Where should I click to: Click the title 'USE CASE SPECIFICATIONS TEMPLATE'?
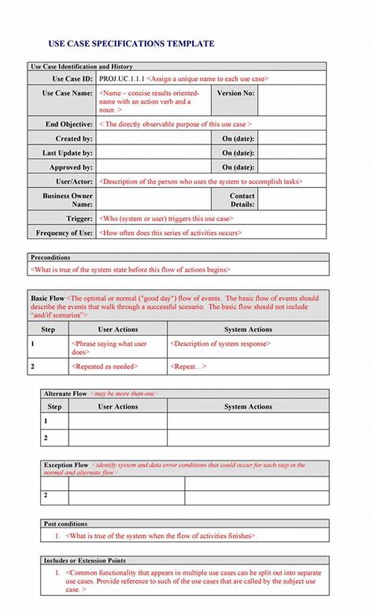pos(131,44)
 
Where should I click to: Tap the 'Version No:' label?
pos(235,93)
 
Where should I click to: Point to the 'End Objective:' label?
pos(69,124)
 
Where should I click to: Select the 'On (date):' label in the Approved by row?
pos(238,167)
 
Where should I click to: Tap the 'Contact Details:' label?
pos(242,200)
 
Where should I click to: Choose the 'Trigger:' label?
pos(79,218)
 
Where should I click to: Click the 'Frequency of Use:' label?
pos(64,233)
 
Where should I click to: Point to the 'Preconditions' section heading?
pos(50,258)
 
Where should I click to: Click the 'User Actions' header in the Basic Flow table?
pos(118,329)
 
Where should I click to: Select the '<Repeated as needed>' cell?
pos(104,367)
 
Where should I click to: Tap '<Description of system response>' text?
pos(220,344)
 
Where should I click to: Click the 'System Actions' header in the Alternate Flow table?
pos(248,407)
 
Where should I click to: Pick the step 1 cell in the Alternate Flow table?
pos(55,421)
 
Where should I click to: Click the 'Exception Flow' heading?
pos(66,465)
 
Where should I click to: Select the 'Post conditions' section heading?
pos(65,524)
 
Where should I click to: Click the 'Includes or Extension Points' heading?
pos(84,560)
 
